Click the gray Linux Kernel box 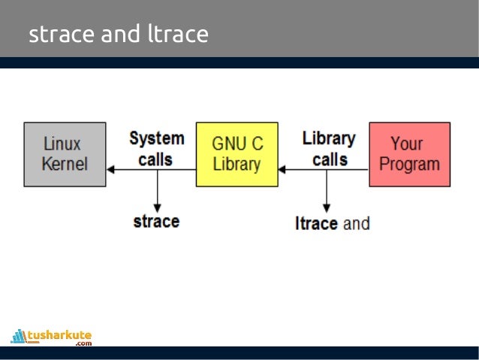click(x=65, y=154)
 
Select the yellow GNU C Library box click(x=236, y=154)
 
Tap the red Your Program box click(x=409, y=154)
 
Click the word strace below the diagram click(x=156, y=222)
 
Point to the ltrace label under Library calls click(x=316, y=223)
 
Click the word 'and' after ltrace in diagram click(x=357, y=223)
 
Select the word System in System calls click(x=156, y=138)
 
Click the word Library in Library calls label click(x=329, y=138)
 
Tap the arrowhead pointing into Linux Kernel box click(x=110, y=170)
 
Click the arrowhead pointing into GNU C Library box click(x=282, y=170)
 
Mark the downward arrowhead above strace click(x=157, y=204)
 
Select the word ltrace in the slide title click(x=178, y=34)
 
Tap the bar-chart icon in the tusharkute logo click(x=19, y=336)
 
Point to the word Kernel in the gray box click(x=65, y=164)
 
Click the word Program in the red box click(x=409, y=164)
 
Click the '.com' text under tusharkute click(x=83, y=343)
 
